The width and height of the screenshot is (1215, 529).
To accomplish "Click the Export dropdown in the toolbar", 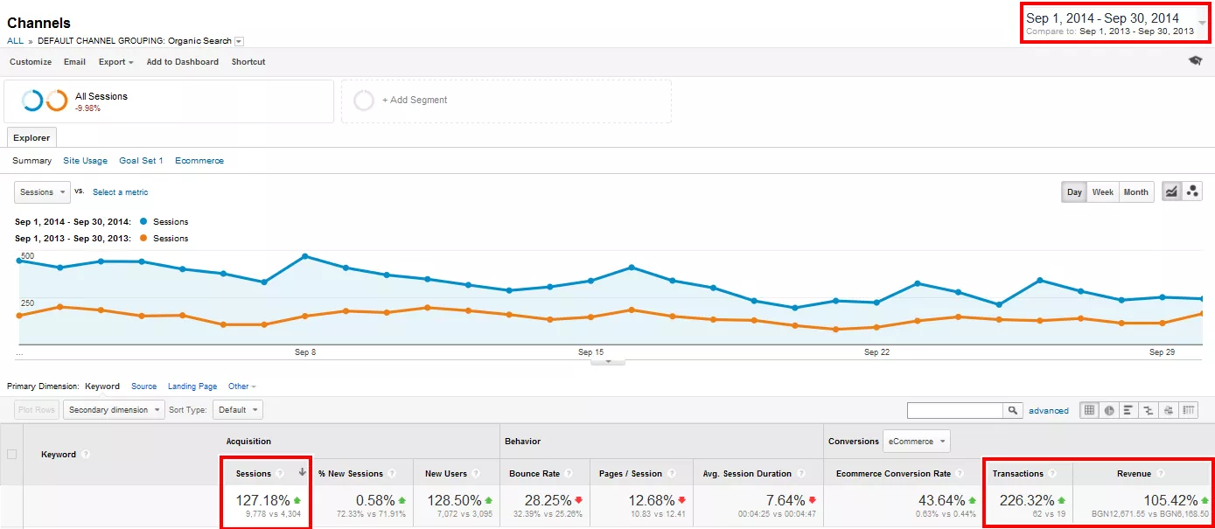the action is [115, 62].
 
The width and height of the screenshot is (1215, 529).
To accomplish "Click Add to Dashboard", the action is [182, 62].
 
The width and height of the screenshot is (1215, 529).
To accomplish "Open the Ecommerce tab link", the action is [199, 160].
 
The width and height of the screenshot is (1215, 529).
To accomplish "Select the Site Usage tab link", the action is [85, 160].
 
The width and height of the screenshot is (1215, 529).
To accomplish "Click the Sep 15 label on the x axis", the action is [590, 352].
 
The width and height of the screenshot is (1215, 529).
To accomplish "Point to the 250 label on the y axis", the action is [27, 303].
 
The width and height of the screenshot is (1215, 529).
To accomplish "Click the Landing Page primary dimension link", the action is [192, 386].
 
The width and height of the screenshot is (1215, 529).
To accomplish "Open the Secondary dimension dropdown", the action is [114, 410].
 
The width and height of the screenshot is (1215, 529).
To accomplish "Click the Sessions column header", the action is [254, 474].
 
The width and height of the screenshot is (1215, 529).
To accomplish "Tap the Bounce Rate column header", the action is [534, 474].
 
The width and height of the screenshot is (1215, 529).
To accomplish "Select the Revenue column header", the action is [1134, 474].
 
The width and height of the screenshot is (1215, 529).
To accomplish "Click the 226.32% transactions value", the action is [1027, 500].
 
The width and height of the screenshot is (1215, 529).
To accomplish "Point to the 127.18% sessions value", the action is [262, 500].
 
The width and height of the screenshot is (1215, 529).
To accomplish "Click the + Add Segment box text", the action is [415, 101].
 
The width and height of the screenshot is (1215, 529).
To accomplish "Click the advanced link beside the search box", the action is [1049, 411].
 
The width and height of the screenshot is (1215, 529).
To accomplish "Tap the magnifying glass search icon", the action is [1012, 410].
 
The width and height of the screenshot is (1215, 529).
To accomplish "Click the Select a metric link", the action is [120, 192].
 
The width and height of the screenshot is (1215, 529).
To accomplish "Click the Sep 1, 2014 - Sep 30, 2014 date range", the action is [1102, 18].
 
